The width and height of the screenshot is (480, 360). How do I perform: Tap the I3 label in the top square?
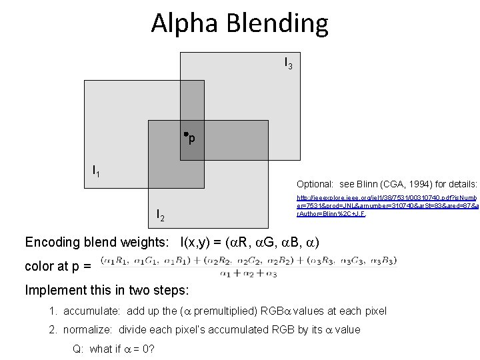[x=288, y=63]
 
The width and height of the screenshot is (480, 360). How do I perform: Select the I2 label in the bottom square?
[x=160, y=215]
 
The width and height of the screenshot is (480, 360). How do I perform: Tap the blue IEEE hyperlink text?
[x=387, y=205]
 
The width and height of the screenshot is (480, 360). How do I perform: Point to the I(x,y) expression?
[x=201, y=241]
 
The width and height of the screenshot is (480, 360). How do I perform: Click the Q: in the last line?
[x=77, y=348]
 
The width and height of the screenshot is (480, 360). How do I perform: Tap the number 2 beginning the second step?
[x=52, y=329]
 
